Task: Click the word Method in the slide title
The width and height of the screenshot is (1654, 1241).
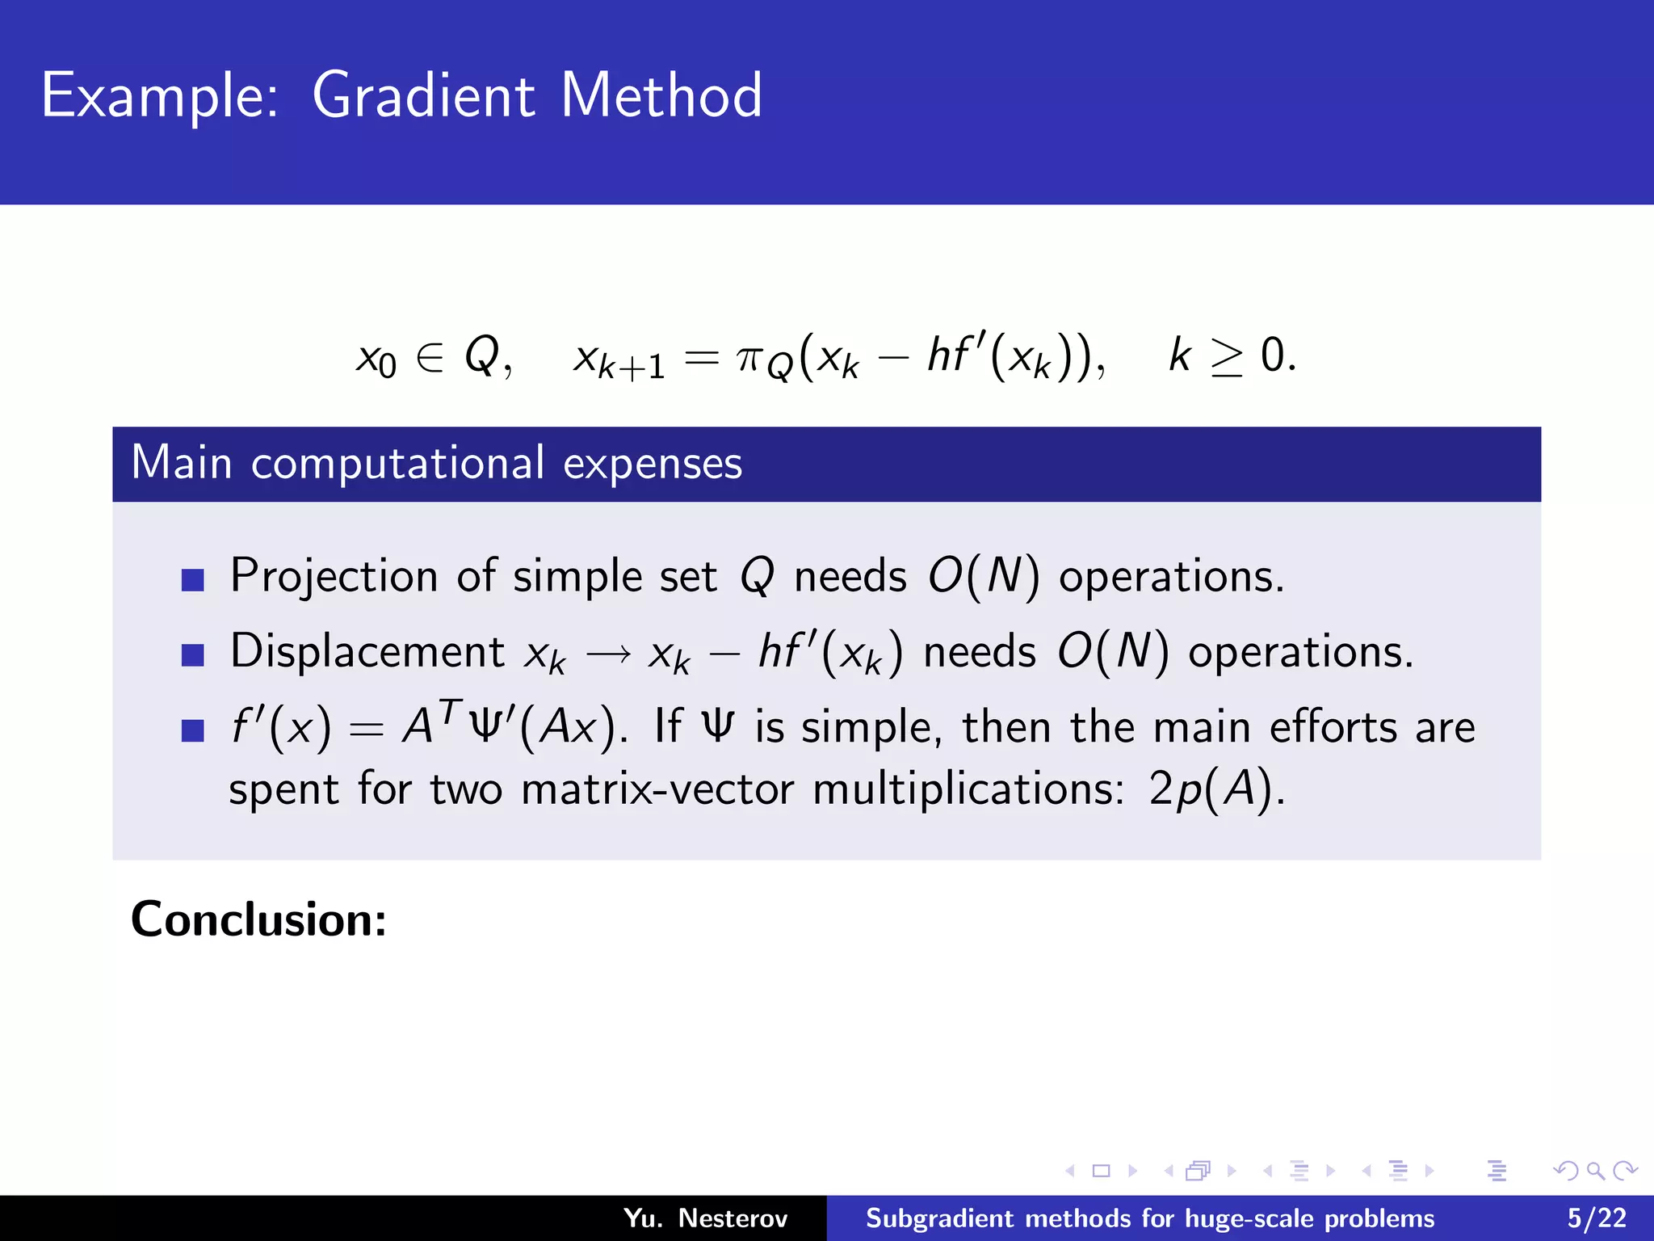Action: tap(661, 95)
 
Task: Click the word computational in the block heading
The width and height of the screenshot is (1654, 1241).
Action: tap(397, 464)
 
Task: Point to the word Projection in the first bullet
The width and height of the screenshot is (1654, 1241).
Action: tap(334, 577)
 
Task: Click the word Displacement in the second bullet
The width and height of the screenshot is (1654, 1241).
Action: tap(367, 651)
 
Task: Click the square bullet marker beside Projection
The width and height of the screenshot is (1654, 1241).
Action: tap(192, 579)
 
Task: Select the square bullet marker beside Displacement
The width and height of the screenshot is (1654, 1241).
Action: tap(192, 654)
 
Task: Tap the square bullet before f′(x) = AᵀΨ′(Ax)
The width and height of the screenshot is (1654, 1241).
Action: tap(192, 730)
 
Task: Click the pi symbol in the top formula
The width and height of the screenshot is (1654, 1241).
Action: tap(749, 357)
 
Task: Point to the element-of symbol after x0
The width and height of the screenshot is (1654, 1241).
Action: tap(430, 357)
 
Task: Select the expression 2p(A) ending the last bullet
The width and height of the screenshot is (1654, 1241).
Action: tap(1215, 789)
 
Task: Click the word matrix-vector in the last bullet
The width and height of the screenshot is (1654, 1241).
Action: tap(657, 789)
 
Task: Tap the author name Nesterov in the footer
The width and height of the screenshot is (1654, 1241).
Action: tap(732, 1218)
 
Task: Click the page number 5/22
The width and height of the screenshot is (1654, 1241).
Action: tap(1597, 1218)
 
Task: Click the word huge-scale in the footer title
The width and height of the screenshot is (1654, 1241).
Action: tap(1228, 1218)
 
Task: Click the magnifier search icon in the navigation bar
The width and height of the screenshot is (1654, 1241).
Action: tap(1595, 1171)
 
